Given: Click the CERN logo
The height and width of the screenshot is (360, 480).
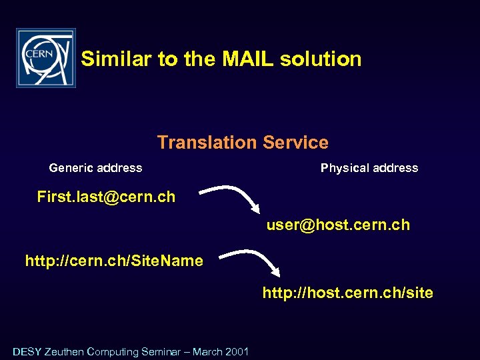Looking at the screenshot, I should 46,58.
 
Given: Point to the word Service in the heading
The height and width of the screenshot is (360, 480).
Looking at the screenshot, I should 295,143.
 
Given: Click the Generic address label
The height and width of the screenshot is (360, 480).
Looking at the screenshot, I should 95,168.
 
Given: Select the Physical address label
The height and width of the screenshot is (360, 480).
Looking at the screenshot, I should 369,168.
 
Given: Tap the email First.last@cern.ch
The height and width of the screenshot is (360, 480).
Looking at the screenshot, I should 106,197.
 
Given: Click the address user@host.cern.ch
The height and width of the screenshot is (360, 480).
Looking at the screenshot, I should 338,225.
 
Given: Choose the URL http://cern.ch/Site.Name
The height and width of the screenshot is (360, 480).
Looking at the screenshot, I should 114,261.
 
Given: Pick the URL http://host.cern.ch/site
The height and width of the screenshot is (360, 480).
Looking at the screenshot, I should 347,293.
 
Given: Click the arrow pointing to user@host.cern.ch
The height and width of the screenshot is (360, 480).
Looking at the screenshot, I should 233,196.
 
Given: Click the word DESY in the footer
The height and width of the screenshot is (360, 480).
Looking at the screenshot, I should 27,351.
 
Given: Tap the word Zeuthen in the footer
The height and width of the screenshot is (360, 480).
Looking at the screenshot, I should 65,351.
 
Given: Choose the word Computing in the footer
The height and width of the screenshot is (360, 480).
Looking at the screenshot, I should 112,351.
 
